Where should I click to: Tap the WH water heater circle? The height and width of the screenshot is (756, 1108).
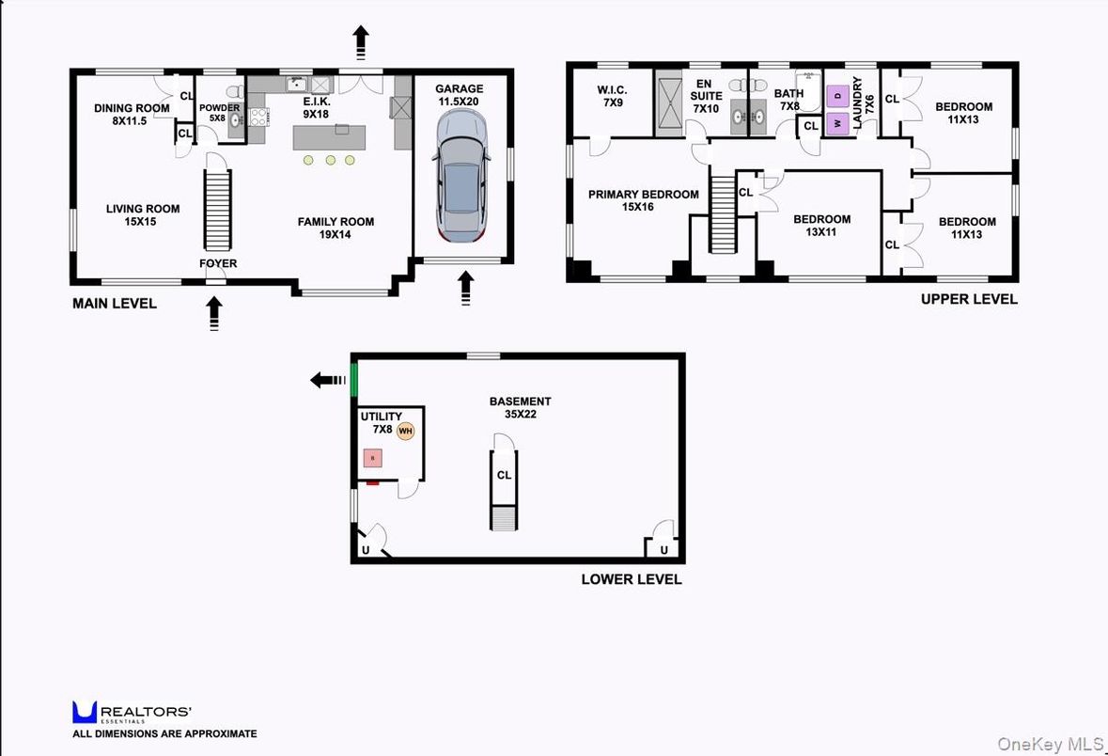coord(405,431)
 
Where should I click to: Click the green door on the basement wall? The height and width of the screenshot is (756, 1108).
coord(354,379)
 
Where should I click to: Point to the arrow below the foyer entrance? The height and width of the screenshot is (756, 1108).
coord(215,311)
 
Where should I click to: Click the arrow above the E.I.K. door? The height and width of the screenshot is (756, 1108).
coord(361,42)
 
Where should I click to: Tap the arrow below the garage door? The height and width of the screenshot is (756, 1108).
coord(465,289)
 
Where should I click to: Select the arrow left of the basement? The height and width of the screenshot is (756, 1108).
coord(328,380)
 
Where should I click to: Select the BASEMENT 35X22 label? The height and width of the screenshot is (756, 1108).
coord(520,407)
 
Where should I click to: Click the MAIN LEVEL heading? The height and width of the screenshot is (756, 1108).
coord(115,304)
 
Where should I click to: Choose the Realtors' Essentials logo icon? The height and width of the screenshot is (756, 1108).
coord(85,712)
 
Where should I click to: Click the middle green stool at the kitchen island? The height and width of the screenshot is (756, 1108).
coord(331,161)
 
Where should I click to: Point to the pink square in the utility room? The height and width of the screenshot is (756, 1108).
coord(373,458)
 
